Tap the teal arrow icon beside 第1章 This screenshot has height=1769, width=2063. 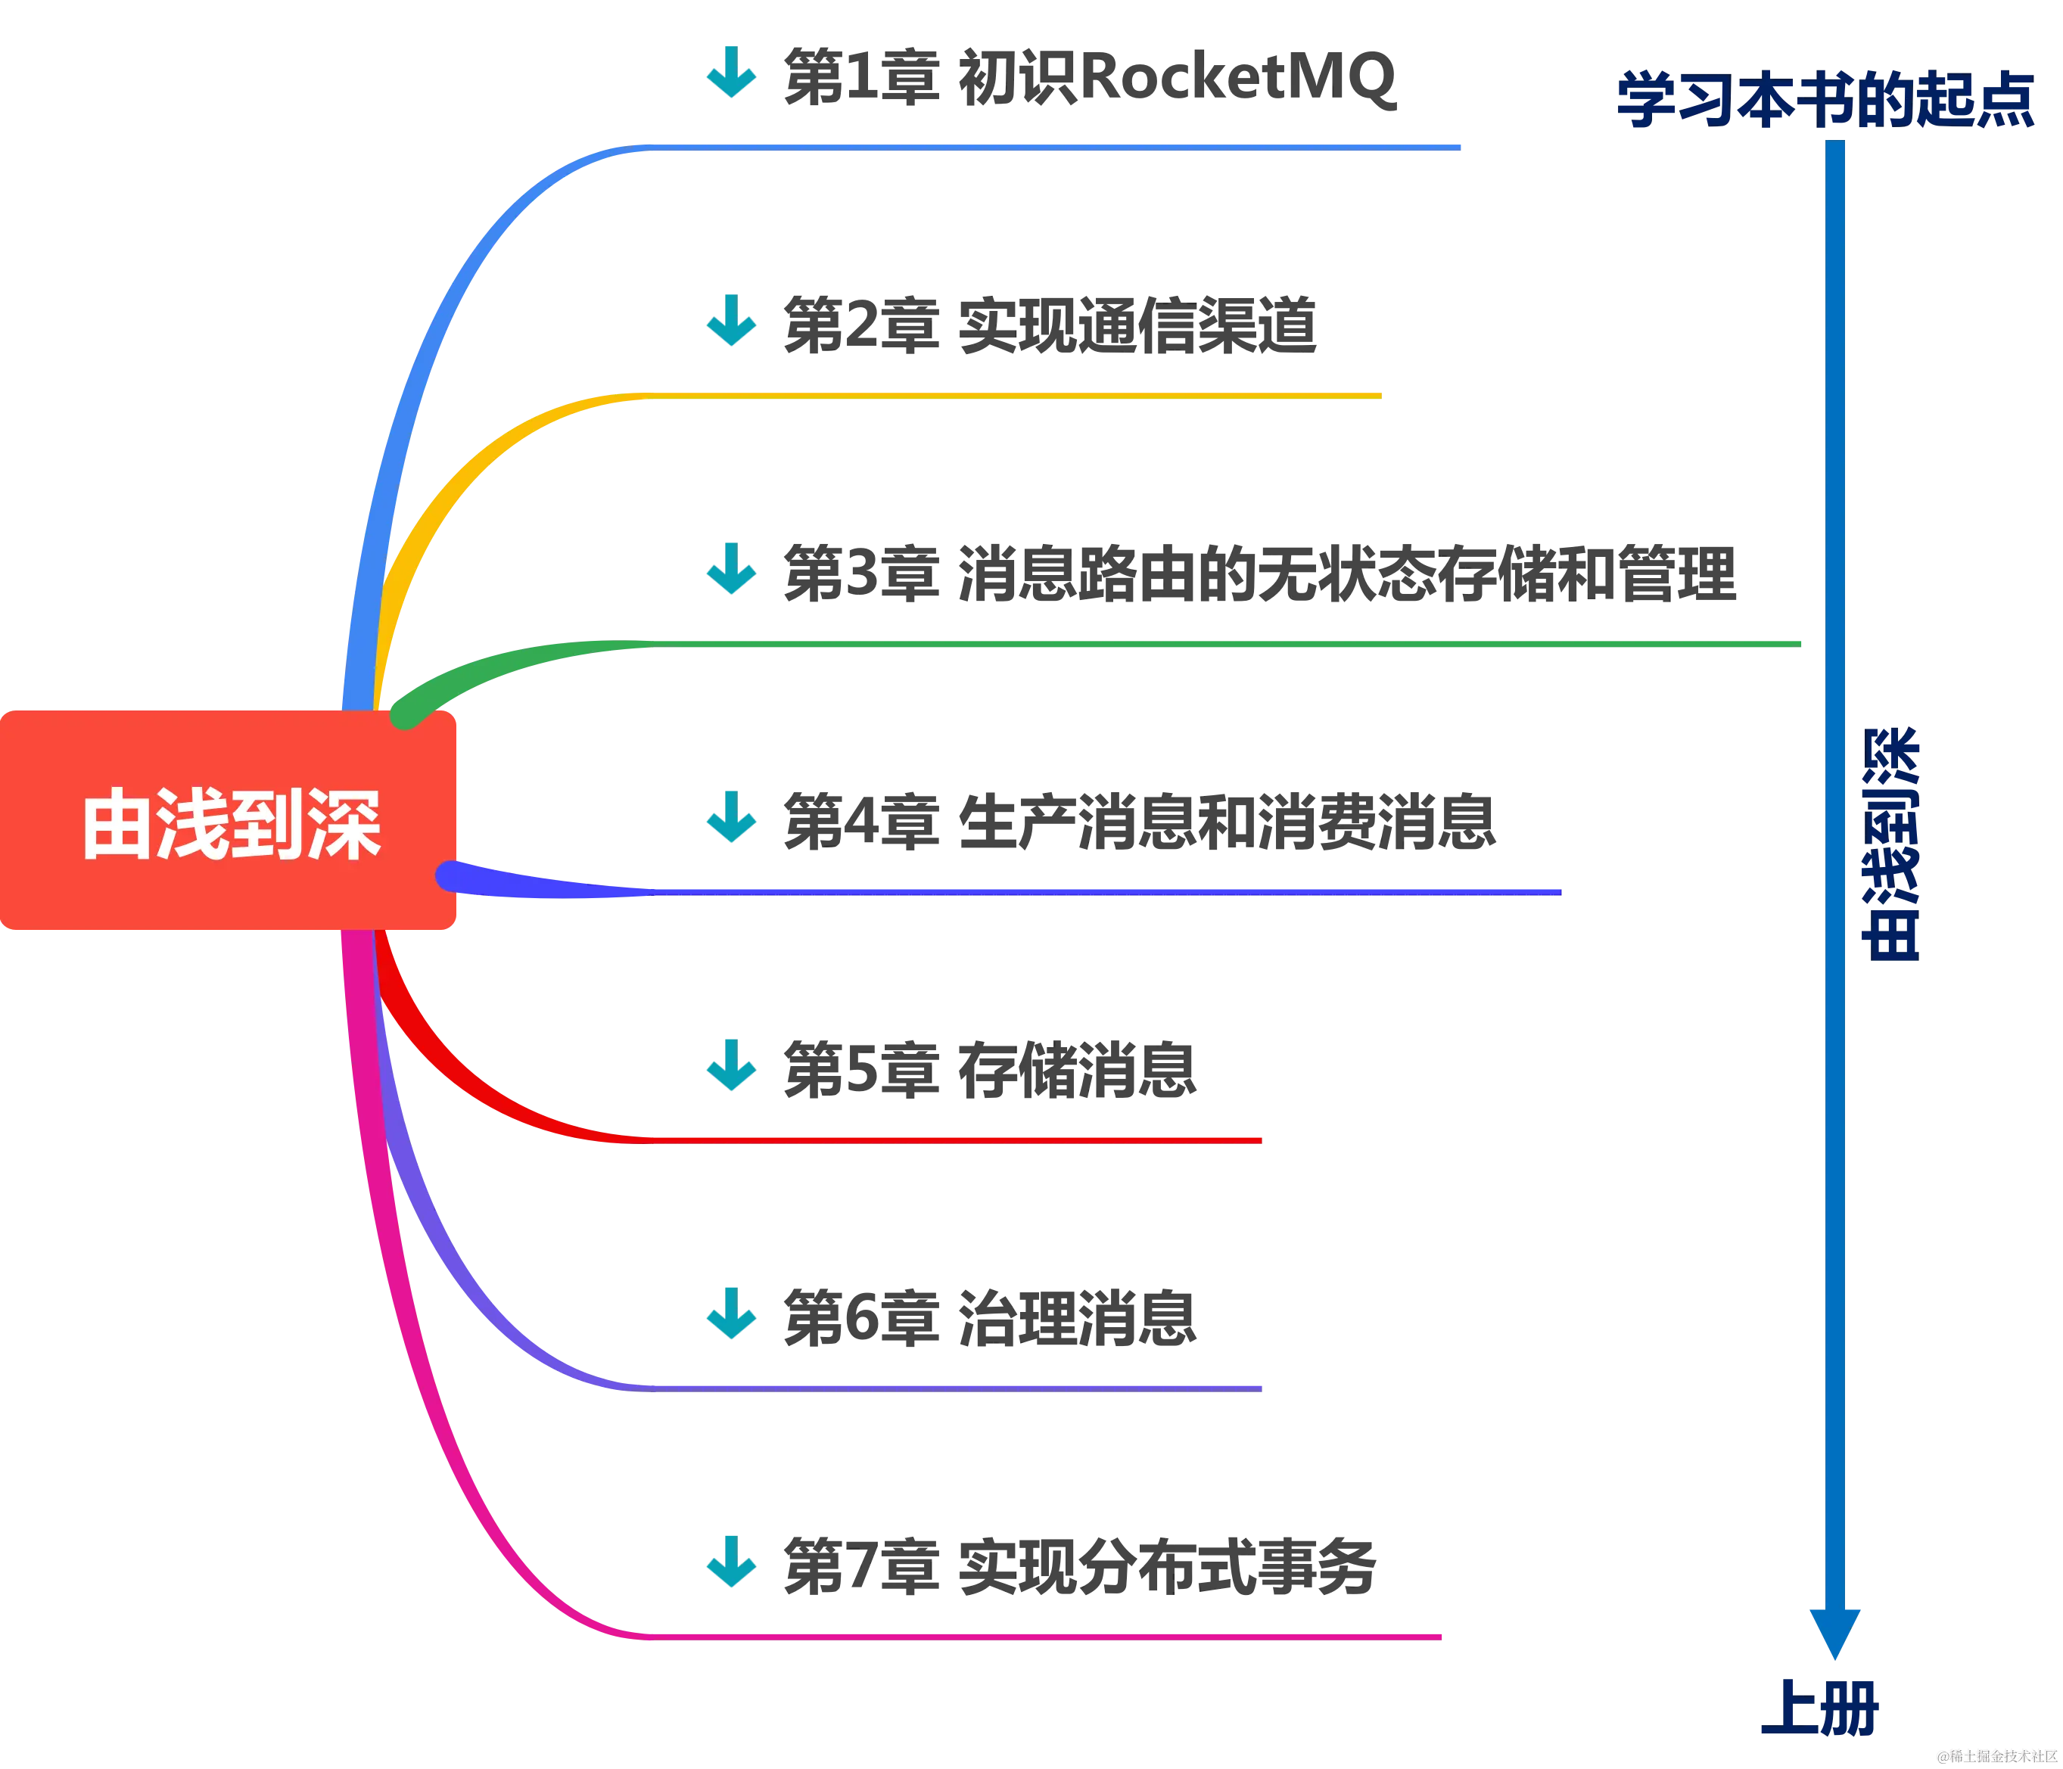pyautogui.click(x=732, y=73)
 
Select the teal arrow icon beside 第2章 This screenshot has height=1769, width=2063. pyautogui.click(x=732, y=322)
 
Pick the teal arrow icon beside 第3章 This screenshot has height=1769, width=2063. pyautogui.click(x=732, y=570)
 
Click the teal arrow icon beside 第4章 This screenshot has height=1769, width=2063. pyautogui.click(x=732, y=819)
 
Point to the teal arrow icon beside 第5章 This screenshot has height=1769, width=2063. pyautogui.click(x=732, y=1066)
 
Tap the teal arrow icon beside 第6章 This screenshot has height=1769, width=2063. pyautogui.click(x=732, y=1314)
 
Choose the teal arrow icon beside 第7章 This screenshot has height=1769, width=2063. pyautogui.click(x=732, y=1562)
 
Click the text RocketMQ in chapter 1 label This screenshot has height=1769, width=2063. pyautogui.click(x=1240, y=78)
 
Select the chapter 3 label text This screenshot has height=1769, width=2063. pyautogui.click(x=1259, y=574)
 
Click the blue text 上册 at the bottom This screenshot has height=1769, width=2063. pyautogui.click(x=1818, y=1707)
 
